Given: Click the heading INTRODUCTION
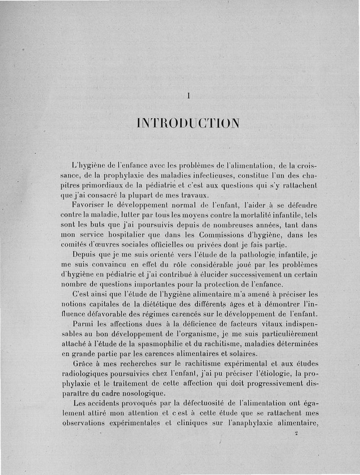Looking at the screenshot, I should [x=189, y=122].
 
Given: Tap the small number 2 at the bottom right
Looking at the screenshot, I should [x=296, y=434].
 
